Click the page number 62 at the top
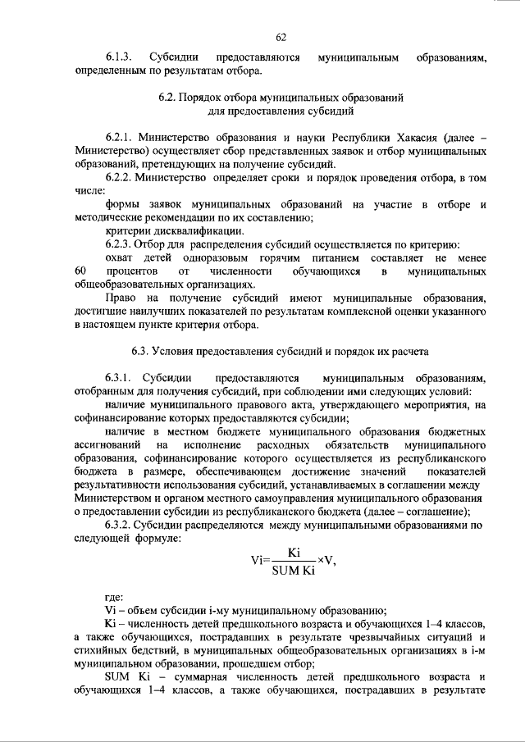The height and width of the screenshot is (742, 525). pyautogui.click(x=281, y=36)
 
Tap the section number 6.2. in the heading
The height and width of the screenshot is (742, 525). pyautogui.click(x=169, y=97)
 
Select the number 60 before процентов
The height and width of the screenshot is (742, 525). pyautogui.click(x=80, y=270)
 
